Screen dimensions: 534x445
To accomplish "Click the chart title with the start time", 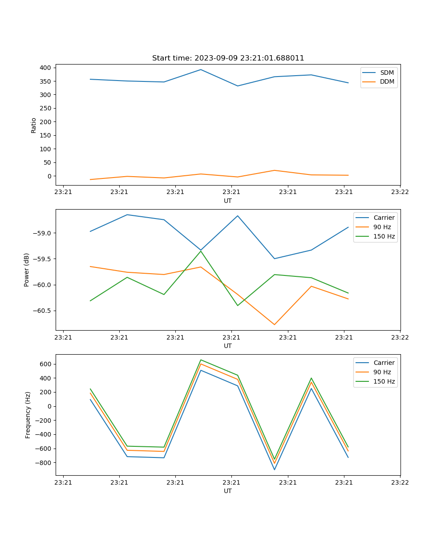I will [x=228, y=58].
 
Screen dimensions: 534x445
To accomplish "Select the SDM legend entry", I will [x=387, y=73].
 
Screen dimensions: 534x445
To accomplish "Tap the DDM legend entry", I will [x=387, y=81].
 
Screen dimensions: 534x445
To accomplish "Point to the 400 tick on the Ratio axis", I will [x=46, y=68].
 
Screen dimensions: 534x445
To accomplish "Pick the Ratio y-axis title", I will [x=34, y=125].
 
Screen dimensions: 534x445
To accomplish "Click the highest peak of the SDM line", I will [x=201, y=69].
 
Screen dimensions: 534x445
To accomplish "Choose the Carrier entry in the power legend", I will [x=384, y=218].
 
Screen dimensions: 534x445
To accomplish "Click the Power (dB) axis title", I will [x=27, y=270].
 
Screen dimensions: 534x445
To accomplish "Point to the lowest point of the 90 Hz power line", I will [x=275, y=324].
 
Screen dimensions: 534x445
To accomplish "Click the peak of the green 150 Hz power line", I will [x=201, y=251].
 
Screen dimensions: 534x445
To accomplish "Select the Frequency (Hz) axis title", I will [x=28, y=415].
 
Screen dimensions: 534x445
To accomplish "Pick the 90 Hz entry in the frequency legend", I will [x=382, y=372].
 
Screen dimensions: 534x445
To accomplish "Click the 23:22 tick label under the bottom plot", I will [x=400, y=482].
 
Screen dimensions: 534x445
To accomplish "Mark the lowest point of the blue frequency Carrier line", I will [x=275, y=469].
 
